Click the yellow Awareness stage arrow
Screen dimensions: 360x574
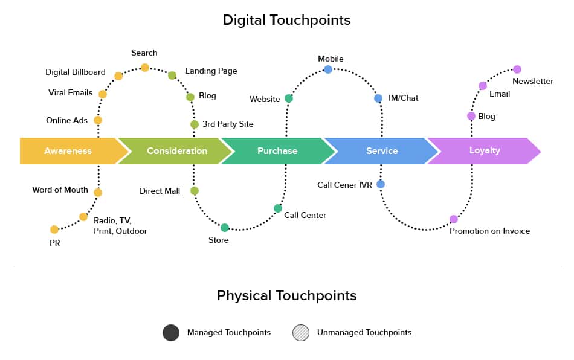click(68, 151)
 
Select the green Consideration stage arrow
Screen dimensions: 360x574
click(176, 151)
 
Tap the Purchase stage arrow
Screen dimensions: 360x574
click(277, 151)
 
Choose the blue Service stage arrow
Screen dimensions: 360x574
click(382, 151)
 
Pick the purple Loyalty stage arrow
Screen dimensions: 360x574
click(485, 150)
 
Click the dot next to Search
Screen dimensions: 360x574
click(145, 68)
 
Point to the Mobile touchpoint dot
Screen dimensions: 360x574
click(328, 69)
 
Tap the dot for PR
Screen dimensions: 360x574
click(54, 230)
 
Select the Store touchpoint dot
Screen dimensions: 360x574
click(225, 228)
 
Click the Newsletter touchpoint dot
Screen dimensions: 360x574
click(517, 69)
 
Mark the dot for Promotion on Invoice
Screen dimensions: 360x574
click(454, 219)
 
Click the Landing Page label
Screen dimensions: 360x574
click(211, 71)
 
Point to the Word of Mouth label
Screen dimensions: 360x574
click(60, 190)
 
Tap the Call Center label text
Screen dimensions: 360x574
click(305, 215)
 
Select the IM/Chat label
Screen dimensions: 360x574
click(404, 98)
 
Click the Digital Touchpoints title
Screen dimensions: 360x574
click(286, 20)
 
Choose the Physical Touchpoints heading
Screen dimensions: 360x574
click(286, 295)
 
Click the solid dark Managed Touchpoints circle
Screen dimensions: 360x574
click(171, 333)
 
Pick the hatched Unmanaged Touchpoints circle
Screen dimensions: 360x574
click(301, 333)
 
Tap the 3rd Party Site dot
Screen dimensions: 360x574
click(195, 124)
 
